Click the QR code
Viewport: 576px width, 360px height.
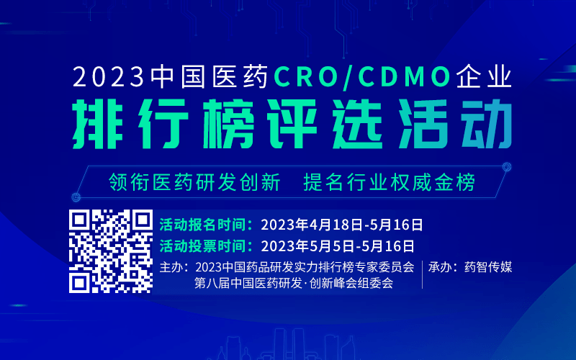[111, 251]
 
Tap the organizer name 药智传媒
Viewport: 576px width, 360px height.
[488, 267]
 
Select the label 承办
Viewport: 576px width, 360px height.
[443, 267]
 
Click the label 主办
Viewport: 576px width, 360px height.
[174, 267]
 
